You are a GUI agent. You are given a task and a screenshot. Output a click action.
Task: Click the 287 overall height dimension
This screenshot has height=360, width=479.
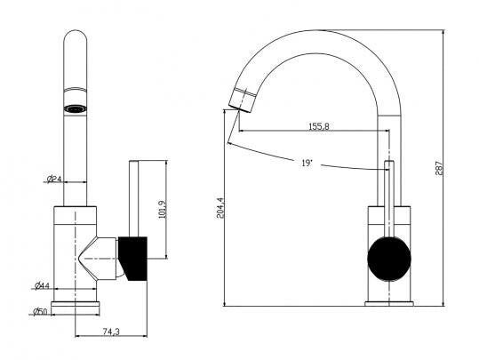[439, 168]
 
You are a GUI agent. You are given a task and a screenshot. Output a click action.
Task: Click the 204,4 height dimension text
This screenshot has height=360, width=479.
[220, 208]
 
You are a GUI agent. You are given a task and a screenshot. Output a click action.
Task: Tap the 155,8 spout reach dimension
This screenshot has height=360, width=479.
[319, 126]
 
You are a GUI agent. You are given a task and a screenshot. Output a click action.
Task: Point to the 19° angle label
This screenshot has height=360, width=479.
[307, 163]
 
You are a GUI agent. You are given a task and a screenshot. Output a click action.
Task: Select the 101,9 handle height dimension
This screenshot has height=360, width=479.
[162, 210]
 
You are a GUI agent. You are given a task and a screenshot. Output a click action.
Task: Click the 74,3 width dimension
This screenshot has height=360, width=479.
[111, 332]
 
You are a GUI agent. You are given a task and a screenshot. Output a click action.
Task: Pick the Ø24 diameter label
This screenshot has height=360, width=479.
[54, 179]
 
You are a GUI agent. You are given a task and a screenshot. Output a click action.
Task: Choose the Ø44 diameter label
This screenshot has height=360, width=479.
[42, 285]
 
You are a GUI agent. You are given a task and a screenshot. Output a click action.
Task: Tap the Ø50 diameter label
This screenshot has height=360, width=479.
[40, 312]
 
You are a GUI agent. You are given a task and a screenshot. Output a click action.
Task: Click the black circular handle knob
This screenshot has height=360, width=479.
[389, 259]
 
